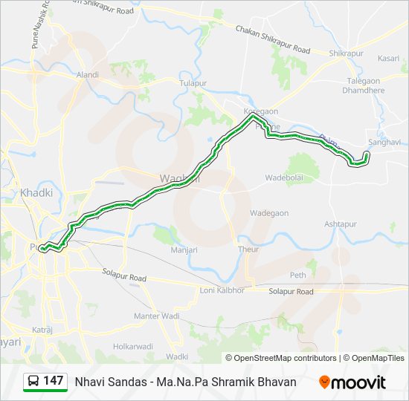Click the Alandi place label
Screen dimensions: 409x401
(x=87, y=75)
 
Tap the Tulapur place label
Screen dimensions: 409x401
(x=192, y=83)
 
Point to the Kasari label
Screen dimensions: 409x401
(x=388, y=58)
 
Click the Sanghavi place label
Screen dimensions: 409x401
(x=384, y=142)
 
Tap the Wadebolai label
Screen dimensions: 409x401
(x=286, y=178)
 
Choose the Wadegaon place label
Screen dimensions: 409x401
(x=269, y=213)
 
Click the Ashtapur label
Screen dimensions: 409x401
(x=341, y=224)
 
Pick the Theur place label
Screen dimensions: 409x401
(x=248, y=250)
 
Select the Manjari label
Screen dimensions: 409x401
(x=184, y=250)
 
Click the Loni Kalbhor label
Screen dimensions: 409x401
(x=222, y=290)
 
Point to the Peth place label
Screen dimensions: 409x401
(x=298, y=275)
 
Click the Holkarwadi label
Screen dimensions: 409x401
(x=133, y=346)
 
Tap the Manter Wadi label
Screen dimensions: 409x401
(x=156, y=316)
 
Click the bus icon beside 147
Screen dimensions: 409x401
(x=33, y=382)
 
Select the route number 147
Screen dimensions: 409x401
(x=54, y=381)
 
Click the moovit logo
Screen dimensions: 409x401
(x=352, y=382)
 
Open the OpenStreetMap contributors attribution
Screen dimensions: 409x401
(x=286, y=358)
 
